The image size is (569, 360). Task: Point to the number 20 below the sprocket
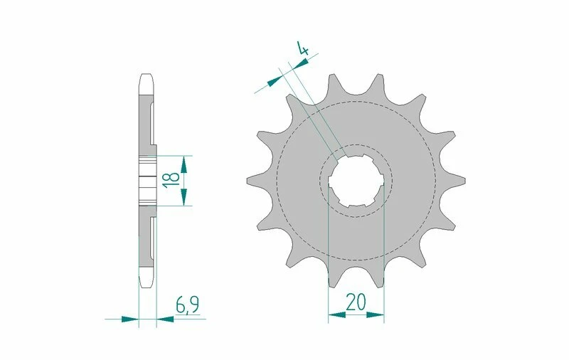coord(356,303)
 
